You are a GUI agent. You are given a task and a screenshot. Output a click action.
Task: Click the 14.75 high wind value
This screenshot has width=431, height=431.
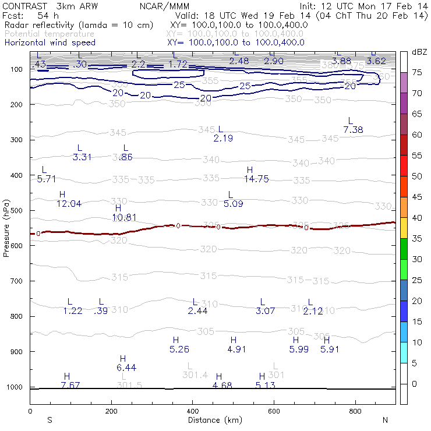(x=256, y=179)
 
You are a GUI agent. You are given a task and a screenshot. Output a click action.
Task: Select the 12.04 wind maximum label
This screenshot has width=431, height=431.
(x=69, y=203)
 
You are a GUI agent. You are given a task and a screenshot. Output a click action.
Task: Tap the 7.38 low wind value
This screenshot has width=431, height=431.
(x=354, y=129)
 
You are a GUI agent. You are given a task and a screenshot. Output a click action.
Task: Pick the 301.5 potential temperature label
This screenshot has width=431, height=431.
(x=129, y=385)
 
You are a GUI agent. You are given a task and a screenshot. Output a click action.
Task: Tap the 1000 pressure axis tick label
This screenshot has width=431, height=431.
(x=14, y=387)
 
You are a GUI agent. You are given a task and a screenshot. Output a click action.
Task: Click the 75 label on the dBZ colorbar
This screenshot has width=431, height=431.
(x=418, y=72)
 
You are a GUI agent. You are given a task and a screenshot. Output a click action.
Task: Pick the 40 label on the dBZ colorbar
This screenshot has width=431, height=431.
(x=418, y=217)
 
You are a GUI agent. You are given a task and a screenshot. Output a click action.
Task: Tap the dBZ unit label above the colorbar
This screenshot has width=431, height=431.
(x=419, y=52)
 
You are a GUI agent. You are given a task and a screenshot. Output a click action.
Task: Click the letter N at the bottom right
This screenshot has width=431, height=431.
(x=385, y=420)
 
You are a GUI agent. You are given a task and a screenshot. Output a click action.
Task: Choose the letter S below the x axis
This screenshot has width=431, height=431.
(x=50, y=420)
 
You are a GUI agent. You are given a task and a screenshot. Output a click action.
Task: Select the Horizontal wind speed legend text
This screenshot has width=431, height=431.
(x=50, y=43)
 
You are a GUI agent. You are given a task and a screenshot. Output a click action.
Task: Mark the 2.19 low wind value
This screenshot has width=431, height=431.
(x=223, y=138)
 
